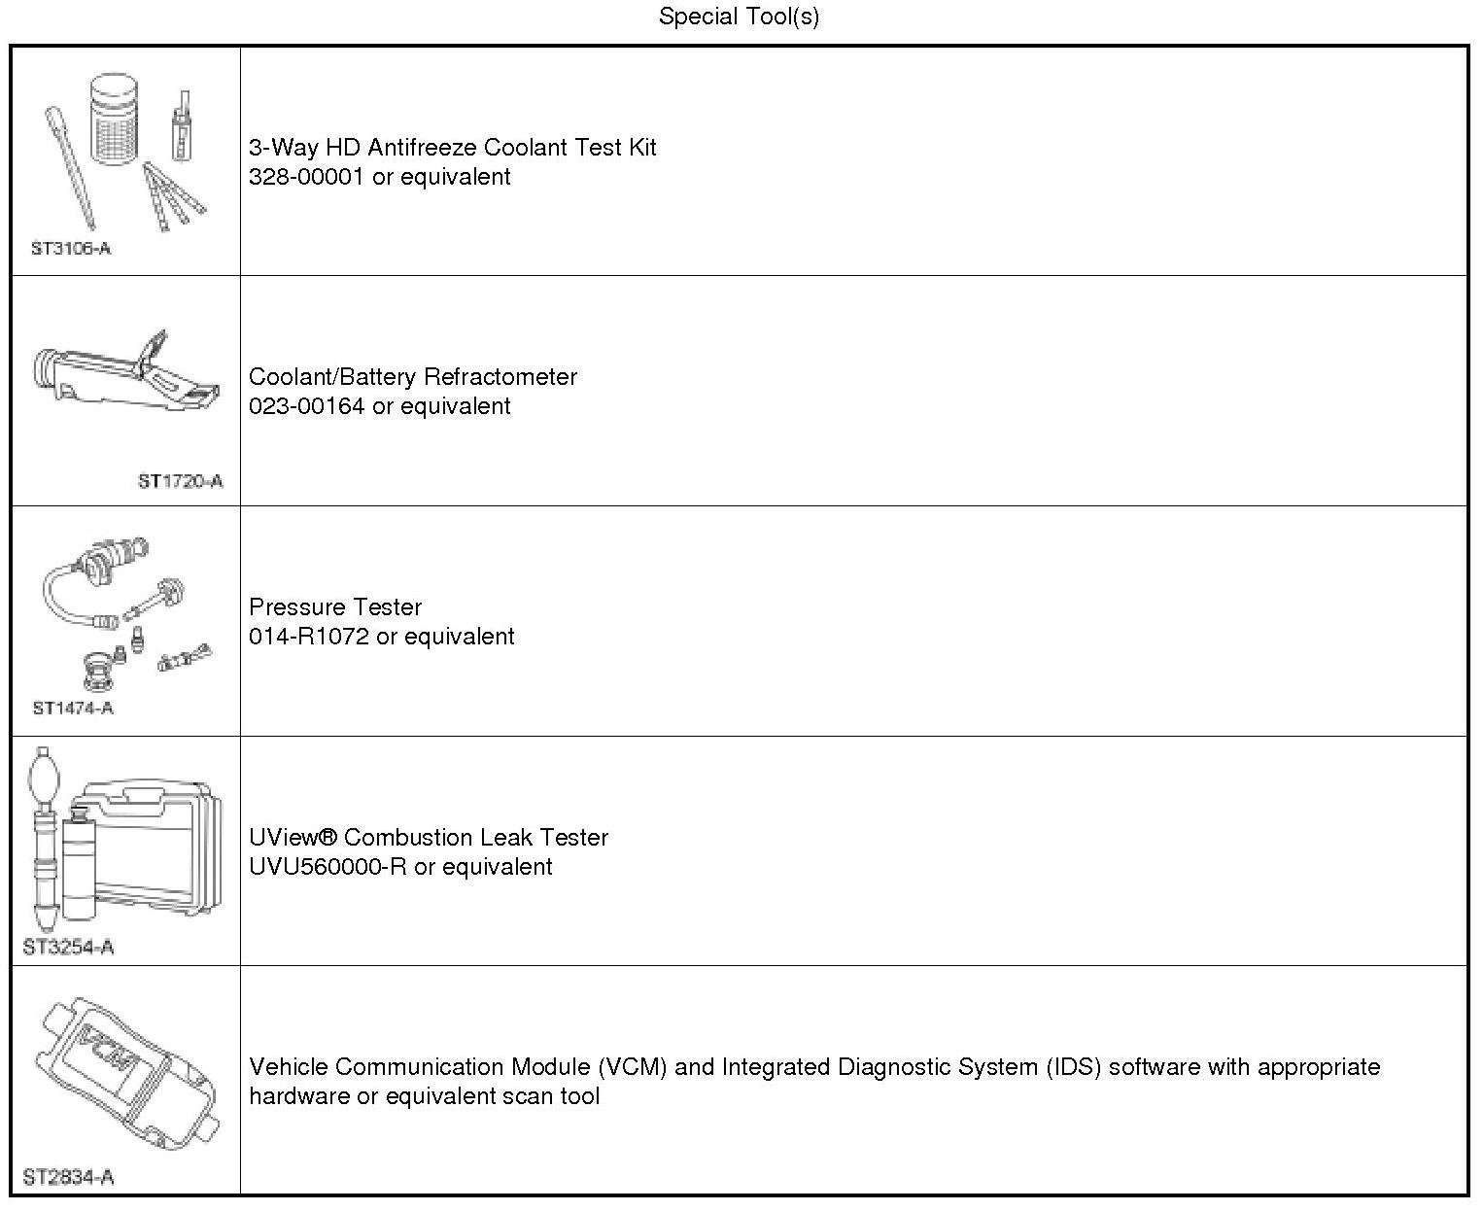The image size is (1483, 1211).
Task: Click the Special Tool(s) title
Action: pos(739,17)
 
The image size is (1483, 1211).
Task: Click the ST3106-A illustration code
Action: pos(71,249)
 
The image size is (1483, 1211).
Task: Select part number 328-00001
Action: pos(307,177)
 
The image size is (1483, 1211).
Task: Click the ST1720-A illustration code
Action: pos(180,481)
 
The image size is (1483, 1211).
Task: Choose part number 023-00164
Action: pos(307,406)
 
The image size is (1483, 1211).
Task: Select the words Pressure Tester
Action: pos(335,607)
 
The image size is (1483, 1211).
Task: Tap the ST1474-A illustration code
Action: pos(73,709)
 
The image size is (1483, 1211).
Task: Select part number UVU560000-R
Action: pos(328,867)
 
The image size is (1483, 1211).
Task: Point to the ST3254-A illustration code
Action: pos(68,948)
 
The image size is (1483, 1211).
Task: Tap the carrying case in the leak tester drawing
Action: pos(155,846)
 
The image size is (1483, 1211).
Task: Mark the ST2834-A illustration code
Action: pos(68,1178)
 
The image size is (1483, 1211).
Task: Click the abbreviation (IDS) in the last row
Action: pos(1074,1067)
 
